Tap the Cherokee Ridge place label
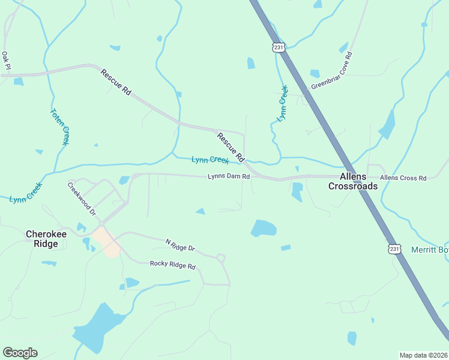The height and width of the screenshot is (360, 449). [x=42, y=239]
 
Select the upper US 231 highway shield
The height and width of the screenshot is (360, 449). [x=277, y=47]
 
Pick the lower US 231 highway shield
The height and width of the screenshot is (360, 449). [x=394, y=248]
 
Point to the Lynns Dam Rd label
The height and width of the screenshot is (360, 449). [x=228, y=177]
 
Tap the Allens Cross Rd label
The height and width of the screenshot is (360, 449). [x=403, y=178]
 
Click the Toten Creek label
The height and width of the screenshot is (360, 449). [x=59, y=127]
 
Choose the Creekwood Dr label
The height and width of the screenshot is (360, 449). [x=82, y=199]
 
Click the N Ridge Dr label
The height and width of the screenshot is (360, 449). [x=180, y=245]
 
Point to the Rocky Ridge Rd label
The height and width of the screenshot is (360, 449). [x=173, y=265]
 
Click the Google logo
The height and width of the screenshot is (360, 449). [x=20, y=353]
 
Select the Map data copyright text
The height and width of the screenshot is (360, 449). [x=423, y=355]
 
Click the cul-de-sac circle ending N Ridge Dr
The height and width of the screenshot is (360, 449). [x=221, y=259]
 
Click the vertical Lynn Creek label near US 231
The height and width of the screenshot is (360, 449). [x=283, y=103]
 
